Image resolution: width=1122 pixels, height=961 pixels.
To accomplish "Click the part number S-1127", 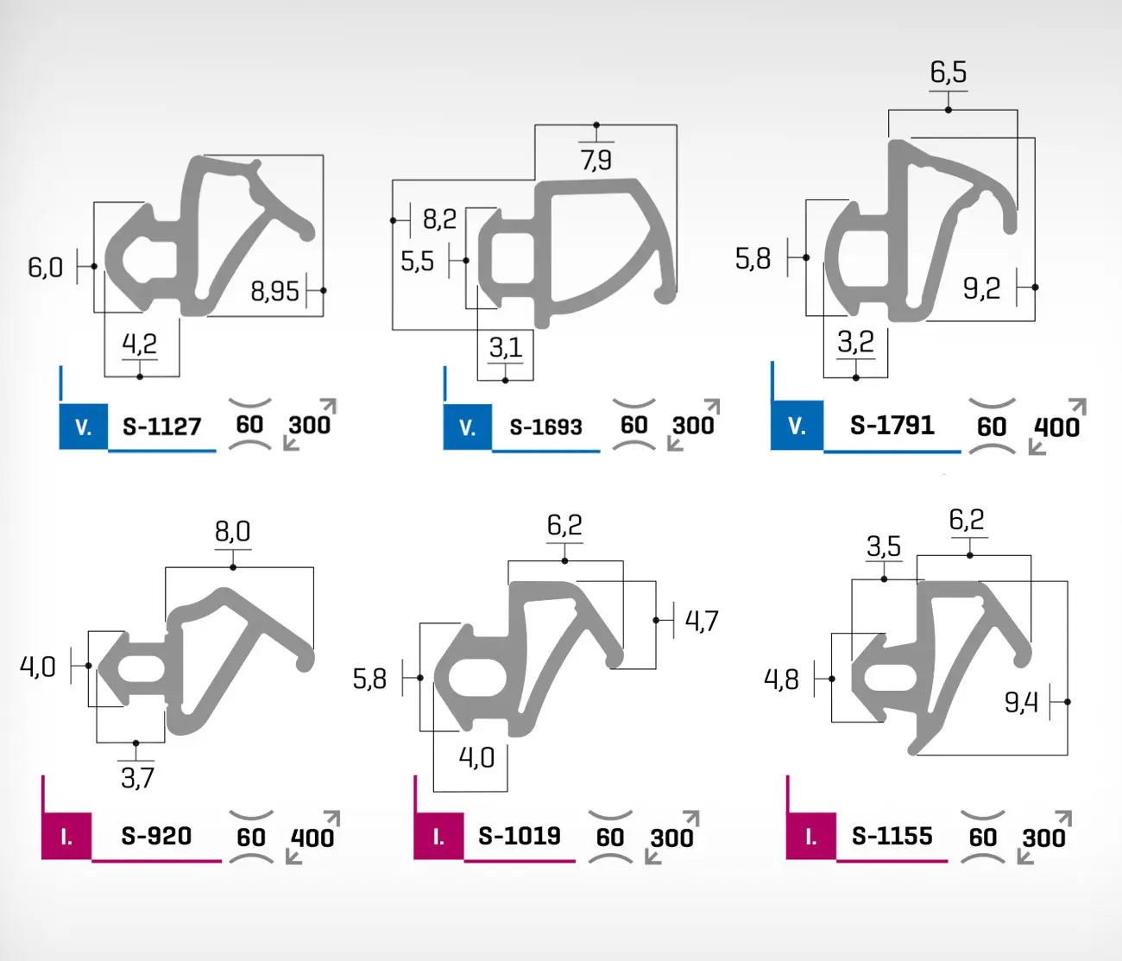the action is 161,427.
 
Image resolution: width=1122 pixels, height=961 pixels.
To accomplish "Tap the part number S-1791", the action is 892,425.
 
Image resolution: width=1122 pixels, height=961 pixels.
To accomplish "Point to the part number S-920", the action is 156,836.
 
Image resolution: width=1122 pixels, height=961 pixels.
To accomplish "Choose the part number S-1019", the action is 520,836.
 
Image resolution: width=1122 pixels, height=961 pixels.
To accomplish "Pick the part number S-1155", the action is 892,836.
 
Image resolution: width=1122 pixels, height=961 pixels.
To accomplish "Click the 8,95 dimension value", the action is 274,292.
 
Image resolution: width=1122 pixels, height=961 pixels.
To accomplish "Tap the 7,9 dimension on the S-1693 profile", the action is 596,160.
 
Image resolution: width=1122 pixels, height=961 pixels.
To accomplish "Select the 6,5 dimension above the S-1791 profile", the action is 949,73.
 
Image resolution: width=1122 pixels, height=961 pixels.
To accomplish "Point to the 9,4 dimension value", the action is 1021,703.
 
